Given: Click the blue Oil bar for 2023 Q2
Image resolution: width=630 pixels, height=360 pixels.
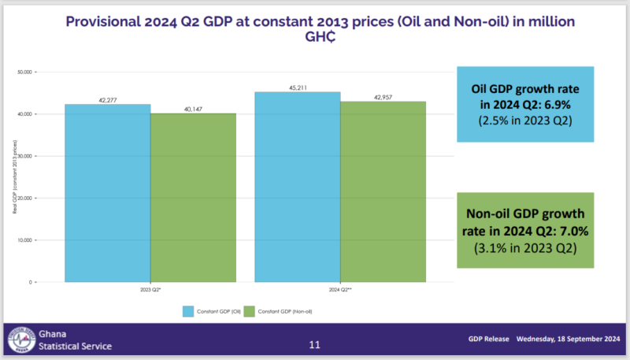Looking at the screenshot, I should [107, 193].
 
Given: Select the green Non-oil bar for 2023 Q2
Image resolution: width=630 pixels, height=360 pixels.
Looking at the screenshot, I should [193, 198].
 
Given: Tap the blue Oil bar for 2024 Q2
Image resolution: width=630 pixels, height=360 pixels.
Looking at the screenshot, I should [297, 187].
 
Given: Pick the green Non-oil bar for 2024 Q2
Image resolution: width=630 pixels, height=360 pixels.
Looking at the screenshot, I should [383, 191].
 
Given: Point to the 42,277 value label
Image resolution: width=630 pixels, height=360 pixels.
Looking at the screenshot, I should [107, 99].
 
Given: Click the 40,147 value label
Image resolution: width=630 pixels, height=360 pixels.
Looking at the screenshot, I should [193, 109].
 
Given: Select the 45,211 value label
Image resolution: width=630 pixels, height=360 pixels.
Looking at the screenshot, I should [297, 87].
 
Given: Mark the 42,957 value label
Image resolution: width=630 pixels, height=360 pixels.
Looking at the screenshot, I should [383, 97].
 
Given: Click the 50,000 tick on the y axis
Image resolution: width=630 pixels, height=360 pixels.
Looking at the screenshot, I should [24, 72].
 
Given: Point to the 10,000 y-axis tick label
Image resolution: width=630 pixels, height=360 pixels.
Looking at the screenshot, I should [24, 240].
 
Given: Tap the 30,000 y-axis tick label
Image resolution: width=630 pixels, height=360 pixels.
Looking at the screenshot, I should [24, 156].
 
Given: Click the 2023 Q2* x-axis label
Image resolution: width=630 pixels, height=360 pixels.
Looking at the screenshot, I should [150, 290].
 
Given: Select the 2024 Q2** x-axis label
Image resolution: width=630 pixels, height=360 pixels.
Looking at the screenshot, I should [340, 290].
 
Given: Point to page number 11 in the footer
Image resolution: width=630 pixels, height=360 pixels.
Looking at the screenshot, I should [315, 344].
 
